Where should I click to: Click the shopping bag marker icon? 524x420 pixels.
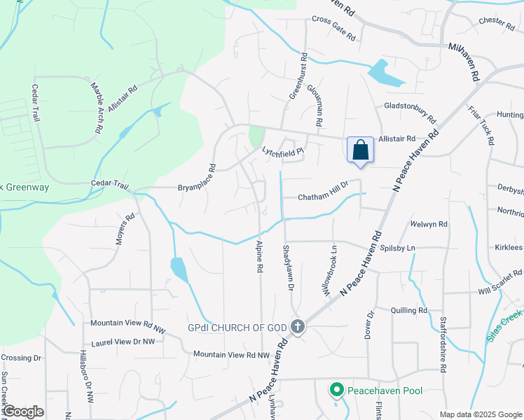[360, 150]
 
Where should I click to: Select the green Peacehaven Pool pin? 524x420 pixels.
[336, 389]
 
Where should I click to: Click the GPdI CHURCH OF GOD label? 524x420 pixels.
[239, 327]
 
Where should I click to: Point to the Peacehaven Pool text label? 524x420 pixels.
[385, 389]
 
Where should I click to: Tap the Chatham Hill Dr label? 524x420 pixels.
[323, 197]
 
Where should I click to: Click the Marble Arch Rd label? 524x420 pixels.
[96, 108]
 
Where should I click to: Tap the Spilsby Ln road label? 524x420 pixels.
[397, 248]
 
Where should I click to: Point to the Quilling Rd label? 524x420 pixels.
[409, 310]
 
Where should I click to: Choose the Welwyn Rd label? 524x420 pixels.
[428, 224]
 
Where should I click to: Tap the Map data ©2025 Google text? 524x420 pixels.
[480, 414]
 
